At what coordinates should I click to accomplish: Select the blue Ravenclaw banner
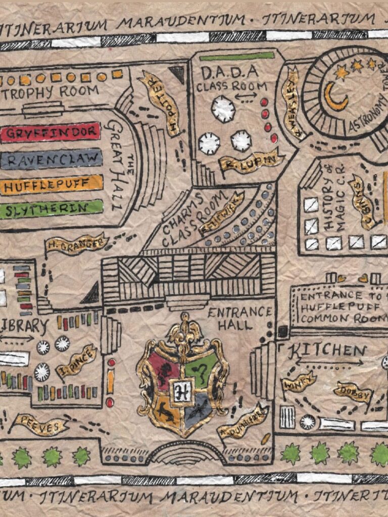[51, 160]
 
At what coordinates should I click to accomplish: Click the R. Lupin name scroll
[249, 162]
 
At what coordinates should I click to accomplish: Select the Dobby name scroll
[353, 392]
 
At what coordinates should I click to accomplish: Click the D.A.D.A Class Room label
[230, 79]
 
